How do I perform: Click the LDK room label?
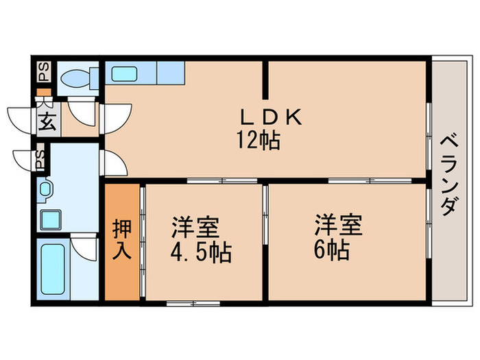(x=271, y=117)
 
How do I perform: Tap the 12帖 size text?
(x=258, y=140)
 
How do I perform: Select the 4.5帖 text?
(x=201, y=253)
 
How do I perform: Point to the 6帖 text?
(x=331, y=250)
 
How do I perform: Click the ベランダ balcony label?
(x=450, y=176)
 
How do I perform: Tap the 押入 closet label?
(x=122, y=239)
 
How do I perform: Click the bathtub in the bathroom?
(x=53, y=269)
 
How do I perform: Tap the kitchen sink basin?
(x=124, y=74)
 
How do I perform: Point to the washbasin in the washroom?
(x=45, y=190)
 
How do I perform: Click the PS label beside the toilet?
(x=44, y=72)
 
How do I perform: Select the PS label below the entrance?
(x=40, y=160)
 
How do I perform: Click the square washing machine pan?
(x=51, y=220)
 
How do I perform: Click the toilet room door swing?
(x=82, y=112)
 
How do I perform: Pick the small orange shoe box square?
(x=44, y=92)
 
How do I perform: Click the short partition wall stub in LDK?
(x=265, y=80)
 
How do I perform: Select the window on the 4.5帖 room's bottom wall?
(x=193, y=303)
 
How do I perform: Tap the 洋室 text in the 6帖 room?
(x=339, y=226)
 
